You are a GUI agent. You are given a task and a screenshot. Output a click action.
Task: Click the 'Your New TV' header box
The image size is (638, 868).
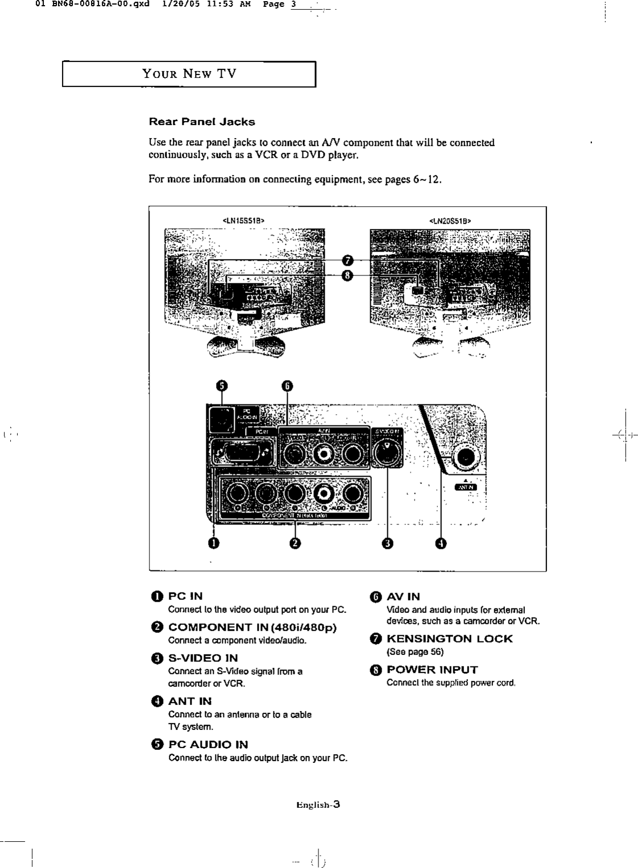coord(189,74)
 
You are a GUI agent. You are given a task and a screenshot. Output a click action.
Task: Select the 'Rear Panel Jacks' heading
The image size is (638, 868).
coord(202,122)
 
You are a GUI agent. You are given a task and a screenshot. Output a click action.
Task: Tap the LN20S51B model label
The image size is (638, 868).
coord(450,220)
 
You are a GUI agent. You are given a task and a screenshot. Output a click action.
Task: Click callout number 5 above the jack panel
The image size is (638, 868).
coord(222,386)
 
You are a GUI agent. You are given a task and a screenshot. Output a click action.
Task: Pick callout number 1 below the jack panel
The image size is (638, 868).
coord(213,544)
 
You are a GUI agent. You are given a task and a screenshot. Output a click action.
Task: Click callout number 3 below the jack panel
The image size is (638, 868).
coord(387,544)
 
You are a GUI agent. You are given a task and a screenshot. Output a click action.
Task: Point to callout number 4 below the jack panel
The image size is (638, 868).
coord(441,544)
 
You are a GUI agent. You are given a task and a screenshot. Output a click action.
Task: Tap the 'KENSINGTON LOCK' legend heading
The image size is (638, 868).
coord(449,639)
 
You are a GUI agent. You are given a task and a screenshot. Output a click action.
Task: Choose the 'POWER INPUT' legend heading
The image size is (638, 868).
coord(432,669)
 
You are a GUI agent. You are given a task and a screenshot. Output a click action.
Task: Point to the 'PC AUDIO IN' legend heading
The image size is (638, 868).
coord(208,744)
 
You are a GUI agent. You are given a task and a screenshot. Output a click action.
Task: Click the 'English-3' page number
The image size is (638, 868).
coord(318,804)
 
